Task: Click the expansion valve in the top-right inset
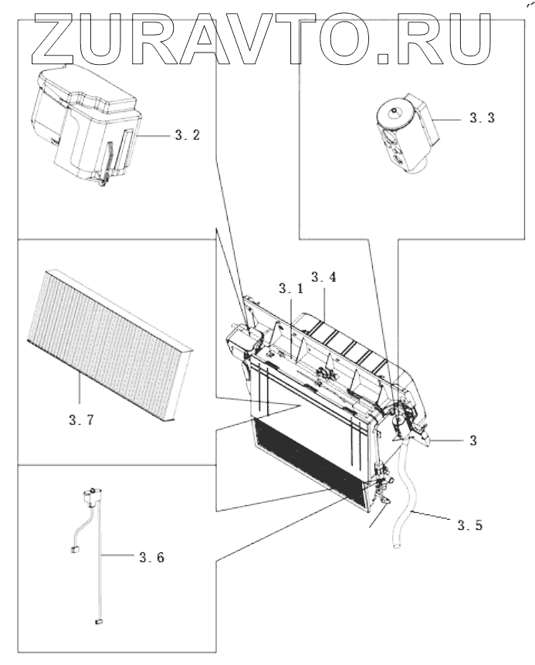tap(403, 131)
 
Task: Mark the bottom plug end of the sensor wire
tap(99, 620)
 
